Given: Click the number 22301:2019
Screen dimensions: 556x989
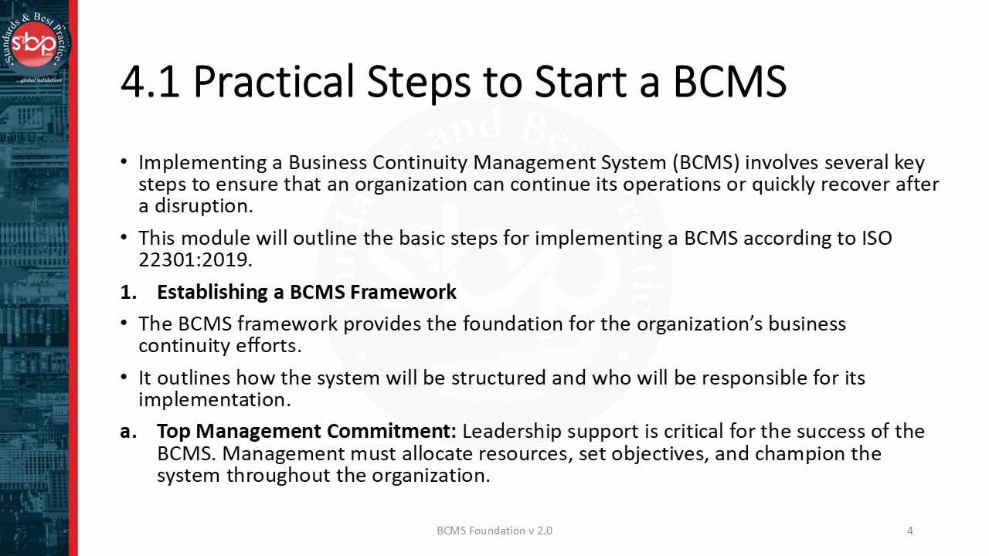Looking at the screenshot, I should click(195, 259).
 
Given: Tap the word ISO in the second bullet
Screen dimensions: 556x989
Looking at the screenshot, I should click(876, 238).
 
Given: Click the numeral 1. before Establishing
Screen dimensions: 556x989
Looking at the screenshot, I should click(128, 292).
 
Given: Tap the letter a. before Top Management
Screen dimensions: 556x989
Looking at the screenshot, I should click(128, 431).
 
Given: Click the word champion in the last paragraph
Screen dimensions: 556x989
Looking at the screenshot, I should click(798, 453).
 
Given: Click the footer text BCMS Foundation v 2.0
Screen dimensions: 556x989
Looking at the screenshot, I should click(494, 531).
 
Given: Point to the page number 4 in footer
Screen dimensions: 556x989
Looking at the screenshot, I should click(909, 531).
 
